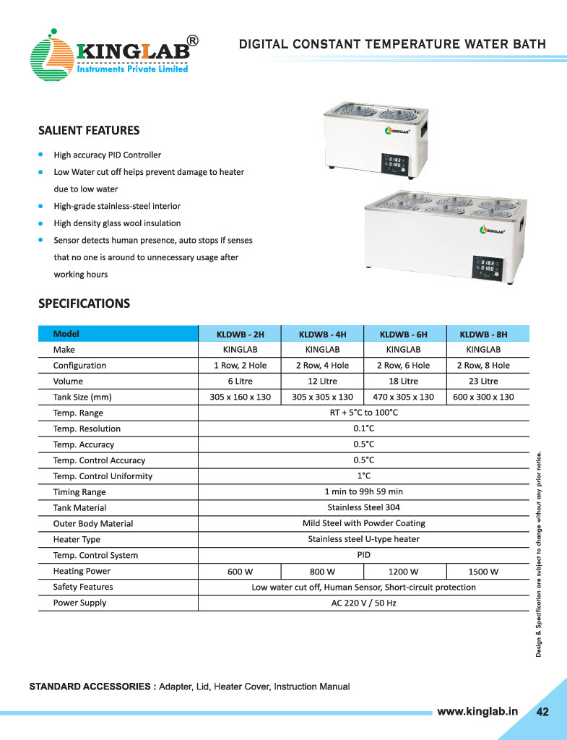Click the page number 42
542,712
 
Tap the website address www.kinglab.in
478,711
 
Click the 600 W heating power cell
239,572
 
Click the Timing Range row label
79,492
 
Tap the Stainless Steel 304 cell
363,508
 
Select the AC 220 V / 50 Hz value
363,603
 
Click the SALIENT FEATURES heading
89,131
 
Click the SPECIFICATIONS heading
84,304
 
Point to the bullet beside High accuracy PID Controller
42,155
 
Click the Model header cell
66,334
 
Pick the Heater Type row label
77,540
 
